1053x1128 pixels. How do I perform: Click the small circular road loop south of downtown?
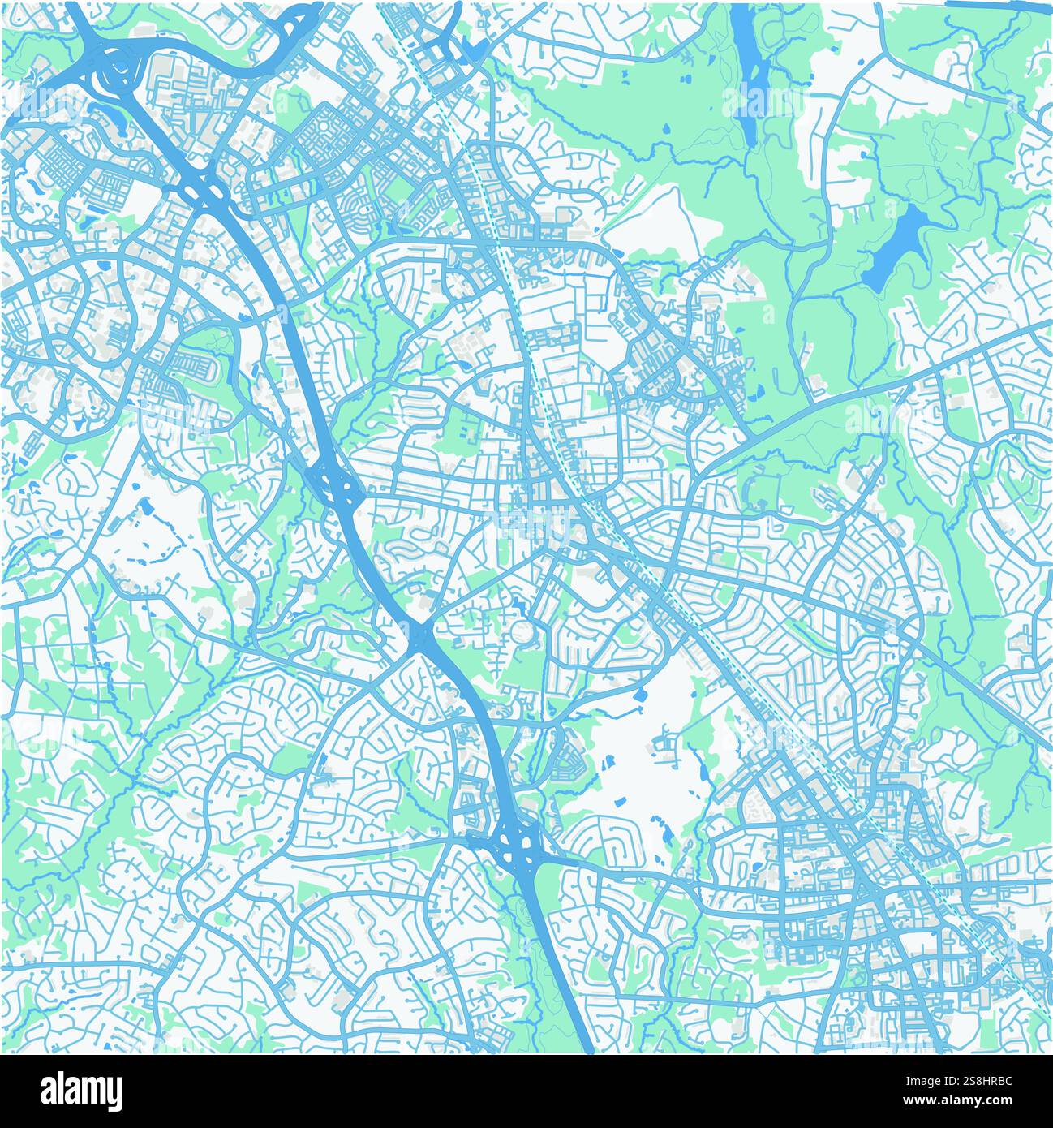pyautogui.click(x=522, y=631)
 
